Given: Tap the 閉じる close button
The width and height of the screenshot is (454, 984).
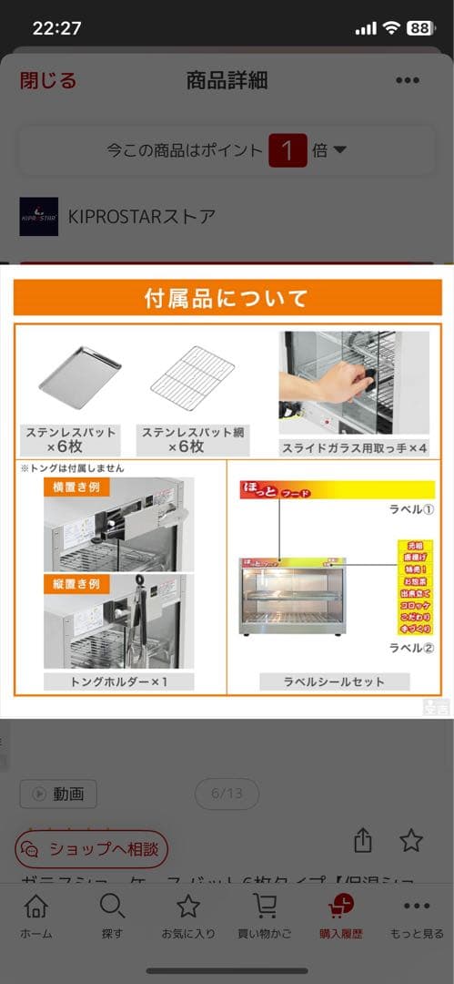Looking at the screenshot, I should tap(48, 80).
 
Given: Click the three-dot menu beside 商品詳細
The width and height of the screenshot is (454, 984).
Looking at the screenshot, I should tap(408, 80).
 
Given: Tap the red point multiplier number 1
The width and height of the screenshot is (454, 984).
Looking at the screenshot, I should tap(288, 150).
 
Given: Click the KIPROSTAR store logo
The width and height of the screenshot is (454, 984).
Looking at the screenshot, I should tap(38, 217).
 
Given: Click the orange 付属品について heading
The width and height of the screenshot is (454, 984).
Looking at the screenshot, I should tap(227, 298).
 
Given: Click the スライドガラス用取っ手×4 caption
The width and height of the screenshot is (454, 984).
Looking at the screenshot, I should tap(354, 448).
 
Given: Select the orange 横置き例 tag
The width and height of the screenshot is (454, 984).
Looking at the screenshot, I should tap(76, 487).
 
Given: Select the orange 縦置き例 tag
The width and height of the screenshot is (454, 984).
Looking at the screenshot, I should tap(76, 584).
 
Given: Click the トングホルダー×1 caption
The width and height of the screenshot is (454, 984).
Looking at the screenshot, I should tap(118, 682).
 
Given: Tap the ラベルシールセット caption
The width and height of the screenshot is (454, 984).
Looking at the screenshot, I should tap(335, 682).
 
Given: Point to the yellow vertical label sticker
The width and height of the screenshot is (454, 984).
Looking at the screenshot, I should tap(414, 587).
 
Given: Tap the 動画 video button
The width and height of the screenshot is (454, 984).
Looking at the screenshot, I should tap(58, 794).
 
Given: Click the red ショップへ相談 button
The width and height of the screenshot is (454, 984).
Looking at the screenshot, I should tap(92, 849).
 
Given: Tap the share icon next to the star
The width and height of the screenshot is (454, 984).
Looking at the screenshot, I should tap(363, 840).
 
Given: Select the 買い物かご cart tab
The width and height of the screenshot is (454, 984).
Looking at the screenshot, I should tap(265, 916).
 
